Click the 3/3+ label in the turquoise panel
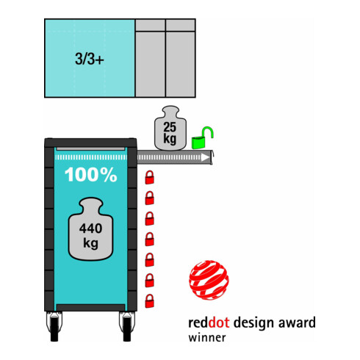coord(90,59)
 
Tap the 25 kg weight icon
coord(170,128)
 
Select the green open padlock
coord(202,138)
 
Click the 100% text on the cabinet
coord(91,175)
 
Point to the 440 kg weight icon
coord(90,229)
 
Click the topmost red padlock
coord(150,177)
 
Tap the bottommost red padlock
coord(150,301)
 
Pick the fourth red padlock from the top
coord(150,239)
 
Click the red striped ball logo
coord(209,280)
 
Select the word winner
coord(207,337)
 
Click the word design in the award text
coord(253,323)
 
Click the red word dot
coord(219,323)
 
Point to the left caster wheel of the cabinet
coord(54,326)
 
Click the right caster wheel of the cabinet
coord(127,326)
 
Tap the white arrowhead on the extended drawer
coord(205,157)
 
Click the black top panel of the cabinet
coord(90,143)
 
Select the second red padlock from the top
coord(150,198)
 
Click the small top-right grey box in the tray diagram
coord(181,25)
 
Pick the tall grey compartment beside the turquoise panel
coord(151,64)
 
